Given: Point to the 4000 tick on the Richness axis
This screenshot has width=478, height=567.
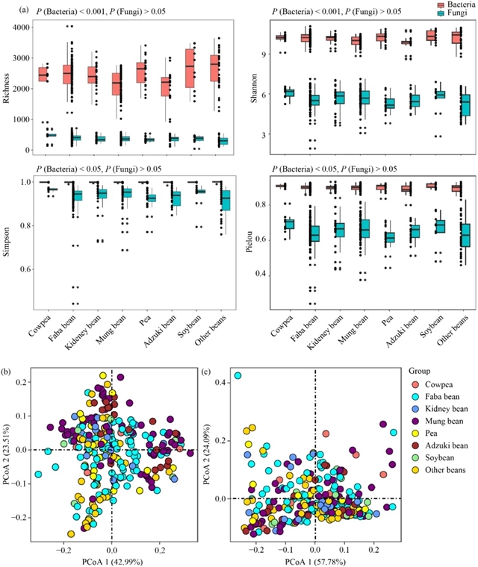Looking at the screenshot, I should coord(25,27).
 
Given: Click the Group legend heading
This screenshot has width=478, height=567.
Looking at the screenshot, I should coord(422,371).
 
